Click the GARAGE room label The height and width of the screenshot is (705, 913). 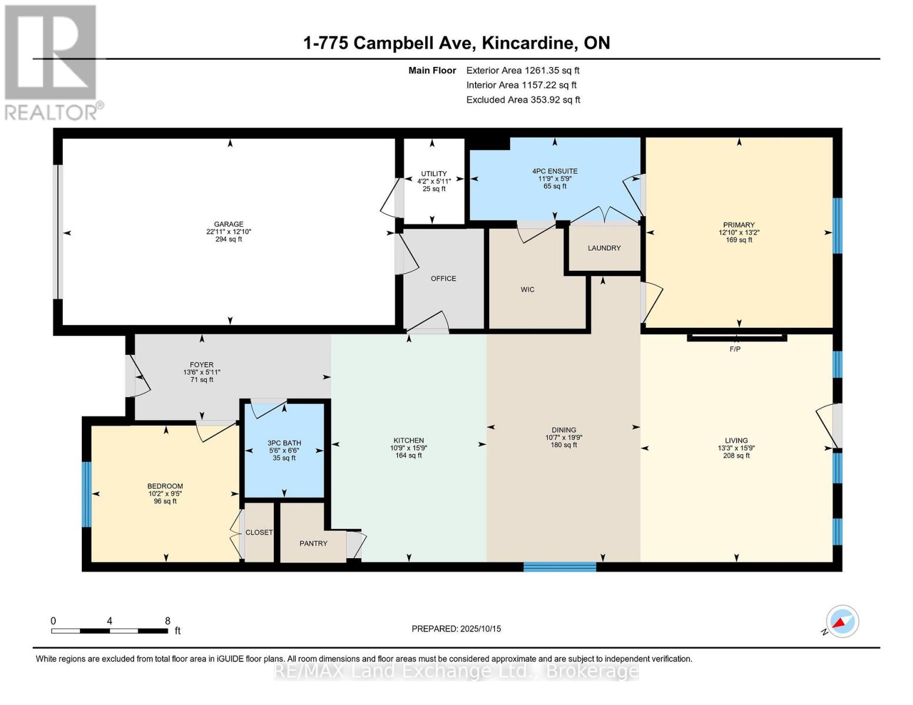point(229,224)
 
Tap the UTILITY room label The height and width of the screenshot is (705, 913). point(434,174)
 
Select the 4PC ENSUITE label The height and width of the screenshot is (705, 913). point(554,172)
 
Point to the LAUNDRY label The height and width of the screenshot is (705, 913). point(604,248)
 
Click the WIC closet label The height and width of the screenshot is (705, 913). point(527,290)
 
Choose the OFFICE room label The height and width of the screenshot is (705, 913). point(443,278)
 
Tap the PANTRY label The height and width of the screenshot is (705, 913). point(313,543)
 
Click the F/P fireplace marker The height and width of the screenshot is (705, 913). point(735,349)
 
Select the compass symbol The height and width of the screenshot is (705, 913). point(842,622)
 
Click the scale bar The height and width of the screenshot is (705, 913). point(109,630)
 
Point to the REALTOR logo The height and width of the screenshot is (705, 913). point(52,62)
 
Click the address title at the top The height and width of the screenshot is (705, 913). point(456,43)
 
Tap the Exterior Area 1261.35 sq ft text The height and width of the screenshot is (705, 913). point(523,70)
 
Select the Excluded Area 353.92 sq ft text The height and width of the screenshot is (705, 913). point(523,100)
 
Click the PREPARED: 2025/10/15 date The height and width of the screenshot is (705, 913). point(456,629)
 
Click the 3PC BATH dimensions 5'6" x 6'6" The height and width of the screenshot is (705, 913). point(284,451)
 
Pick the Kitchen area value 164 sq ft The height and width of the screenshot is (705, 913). point(409,455)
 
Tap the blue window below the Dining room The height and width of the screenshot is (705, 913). point(560,567)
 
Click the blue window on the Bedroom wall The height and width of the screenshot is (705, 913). point(86,494)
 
